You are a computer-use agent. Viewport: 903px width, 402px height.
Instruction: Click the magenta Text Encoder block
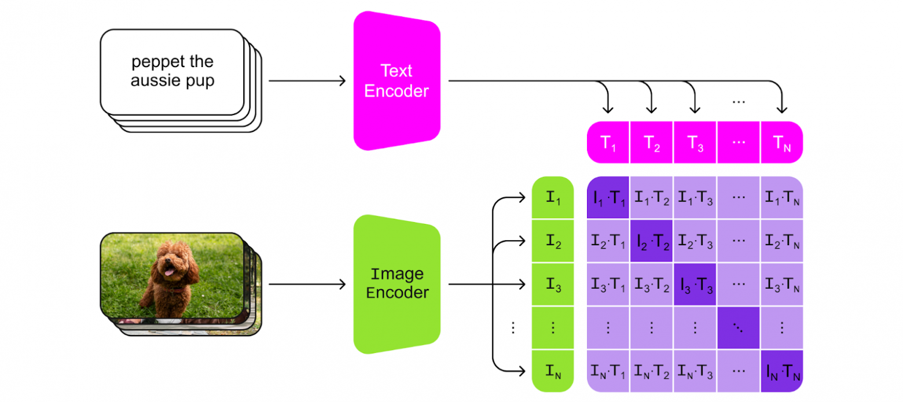point(397,81)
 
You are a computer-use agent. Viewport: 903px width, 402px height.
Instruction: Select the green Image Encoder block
point(397,283)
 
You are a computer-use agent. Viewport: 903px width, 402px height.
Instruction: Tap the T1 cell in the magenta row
point(608,141)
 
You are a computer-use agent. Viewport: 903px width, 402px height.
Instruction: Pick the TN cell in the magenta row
point(781,141)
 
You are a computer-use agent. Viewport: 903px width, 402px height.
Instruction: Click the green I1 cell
point(553,198)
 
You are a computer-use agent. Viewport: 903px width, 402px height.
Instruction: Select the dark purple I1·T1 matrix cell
point(608,198)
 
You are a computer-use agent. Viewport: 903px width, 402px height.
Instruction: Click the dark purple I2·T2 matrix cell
point(651,241)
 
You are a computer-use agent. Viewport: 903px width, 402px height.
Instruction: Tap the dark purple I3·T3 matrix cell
point(695,284)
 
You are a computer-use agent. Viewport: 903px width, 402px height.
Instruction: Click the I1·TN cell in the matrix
point(781,198)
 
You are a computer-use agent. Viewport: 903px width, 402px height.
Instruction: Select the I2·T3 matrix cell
point(695,241)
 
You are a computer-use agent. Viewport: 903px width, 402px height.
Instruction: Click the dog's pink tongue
point(168,272)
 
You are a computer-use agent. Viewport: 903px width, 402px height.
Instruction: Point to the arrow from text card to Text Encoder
point(307,82)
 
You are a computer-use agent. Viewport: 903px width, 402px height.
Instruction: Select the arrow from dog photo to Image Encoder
point(307,284)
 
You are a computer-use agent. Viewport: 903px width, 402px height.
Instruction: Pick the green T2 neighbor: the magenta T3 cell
point(695,141)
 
